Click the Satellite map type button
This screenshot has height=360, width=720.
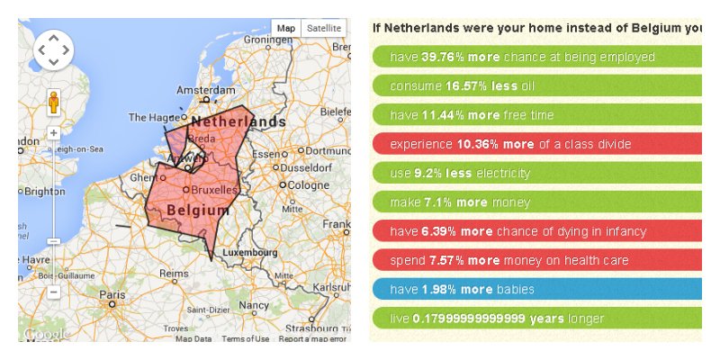click(324, 29)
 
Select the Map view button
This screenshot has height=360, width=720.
click(285, 29)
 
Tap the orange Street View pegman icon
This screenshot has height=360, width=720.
click(53, 103)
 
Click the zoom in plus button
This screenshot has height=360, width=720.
click(53, 132)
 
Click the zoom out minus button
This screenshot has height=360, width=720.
click(53, 292)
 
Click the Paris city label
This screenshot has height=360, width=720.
click(112, 294)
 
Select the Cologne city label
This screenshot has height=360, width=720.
click(308, 184)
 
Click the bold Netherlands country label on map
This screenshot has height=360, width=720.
click(238, 121)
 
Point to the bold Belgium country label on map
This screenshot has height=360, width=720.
click(197, 210)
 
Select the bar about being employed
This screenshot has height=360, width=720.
click(536, 58)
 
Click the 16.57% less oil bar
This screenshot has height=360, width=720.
click(536, 86)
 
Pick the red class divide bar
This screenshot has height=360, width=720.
click(536, 144)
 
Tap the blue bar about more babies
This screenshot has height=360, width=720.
click(536, 289)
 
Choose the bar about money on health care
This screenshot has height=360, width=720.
click(536, 260)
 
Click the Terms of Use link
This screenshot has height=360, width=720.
click(246, 339)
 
